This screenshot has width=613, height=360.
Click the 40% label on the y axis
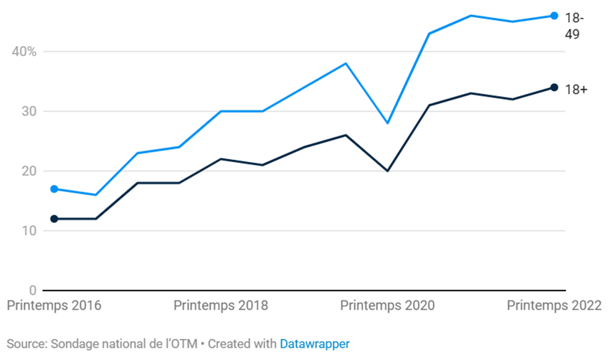click(24, 52)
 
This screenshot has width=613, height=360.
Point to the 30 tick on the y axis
click(28, 111)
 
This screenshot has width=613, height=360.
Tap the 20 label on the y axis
click(28, 171)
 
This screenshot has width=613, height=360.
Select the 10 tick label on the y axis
click(28, 231)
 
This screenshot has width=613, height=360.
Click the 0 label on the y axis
click(32, 290)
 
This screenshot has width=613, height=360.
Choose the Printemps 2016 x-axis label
click(54, 305)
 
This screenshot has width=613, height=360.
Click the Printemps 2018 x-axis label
click(221, 305)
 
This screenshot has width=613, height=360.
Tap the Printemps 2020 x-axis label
click(387, 305)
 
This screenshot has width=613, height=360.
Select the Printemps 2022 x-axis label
click(554, 305)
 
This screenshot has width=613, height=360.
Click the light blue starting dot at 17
click(54, 189)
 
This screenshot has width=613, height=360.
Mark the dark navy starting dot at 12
click(54, 219)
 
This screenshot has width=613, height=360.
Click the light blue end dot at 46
click(554, 16)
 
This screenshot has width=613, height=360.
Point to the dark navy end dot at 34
click(554, 87)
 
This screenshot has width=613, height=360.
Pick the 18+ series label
click(576, 89)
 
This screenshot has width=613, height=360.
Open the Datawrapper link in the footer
click(314, 344)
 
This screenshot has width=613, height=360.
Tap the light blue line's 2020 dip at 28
click(387, 123)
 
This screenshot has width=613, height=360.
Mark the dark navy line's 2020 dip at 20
click(387, 171)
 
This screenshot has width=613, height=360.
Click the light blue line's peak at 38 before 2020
click(346, 63)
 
